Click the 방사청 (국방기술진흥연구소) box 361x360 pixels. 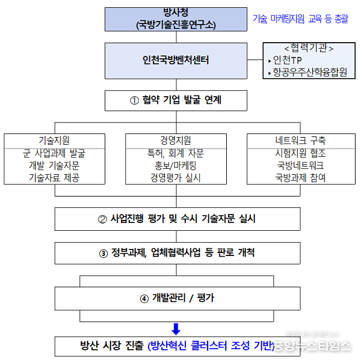point(176,19)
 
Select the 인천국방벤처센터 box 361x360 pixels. point(176,60)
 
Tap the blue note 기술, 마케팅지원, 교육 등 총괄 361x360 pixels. point(300,19)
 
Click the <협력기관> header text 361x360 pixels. point(309,47)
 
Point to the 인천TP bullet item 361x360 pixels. point(289,60)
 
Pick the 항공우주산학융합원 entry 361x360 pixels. point(310,73)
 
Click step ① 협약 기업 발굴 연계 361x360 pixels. point(176,100)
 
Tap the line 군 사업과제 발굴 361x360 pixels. point(54,153)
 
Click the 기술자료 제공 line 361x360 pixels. point(54,178)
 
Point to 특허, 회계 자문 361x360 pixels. point(176,153)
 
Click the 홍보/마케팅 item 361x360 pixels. point(176,165)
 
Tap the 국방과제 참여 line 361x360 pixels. point(300,178)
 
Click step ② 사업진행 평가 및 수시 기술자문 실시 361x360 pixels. point(176,219)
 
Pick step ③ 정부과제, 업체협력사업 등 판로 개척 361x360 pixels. point(176,253)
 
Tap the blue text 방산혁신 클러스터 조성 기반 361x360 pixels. point(211,346)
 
